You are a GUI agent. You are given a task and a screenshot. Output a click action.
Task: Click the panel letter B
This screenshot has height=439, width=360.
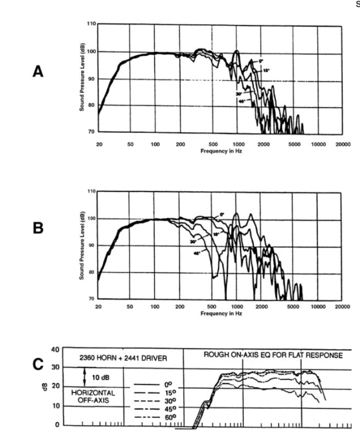(x=38, y=230)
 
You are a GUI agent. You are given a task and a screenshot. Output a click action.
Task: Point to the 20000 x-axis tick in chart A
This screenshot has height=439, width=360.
(x=342, y=144)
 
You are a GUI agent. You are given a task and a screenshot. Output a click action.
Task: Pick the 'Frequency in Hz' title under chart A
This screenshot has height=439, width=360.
(x=220, y=150)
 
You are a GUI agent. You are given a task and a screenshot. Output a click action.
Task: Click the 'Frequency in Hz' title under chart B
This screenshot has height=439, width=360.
(x=220, y=313)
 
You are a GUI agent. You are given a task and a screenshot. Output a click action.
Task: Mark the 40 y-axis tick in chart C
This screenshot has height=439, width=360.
(x=55, y=349)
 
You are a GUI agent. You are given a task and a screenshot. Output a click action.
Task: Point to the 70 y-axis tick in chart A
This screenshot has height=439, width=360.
(x=91, y=132)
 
